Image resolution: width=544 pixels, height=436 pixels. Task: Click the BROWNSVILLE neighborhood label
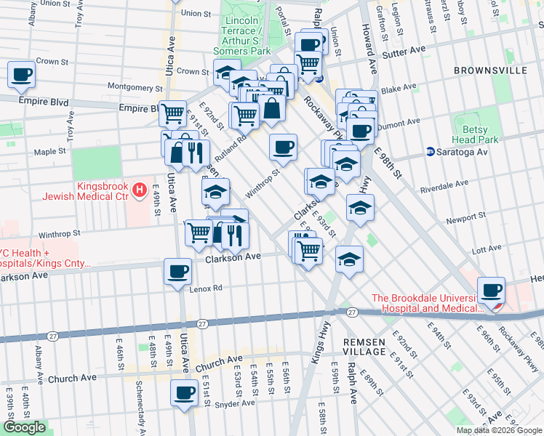[489, 70]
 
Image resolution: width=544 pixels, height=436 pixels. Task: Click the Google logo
[23, 427]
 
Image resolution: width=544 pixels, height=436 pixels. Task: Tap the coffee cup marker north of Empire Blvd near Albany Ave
[21, 73]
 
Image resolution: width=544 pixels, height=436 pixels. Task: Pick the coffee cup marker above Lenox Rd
[177, 272]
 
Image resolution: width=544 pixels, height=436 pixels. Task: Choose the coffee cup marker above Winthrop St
[283, 147]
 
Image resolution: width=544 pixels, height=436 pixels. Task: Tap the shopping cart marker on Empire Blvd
[172, 113]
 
